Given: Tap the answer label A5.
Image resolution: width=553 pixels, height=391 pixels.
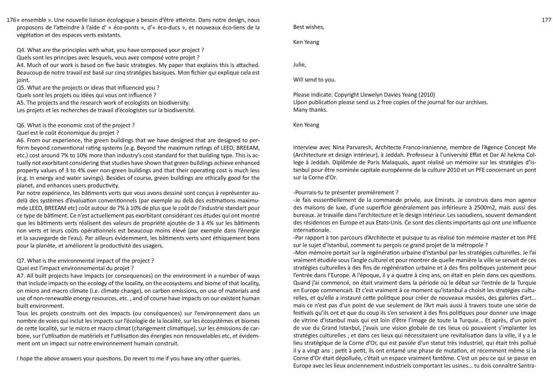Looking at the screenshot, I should coord(22,102).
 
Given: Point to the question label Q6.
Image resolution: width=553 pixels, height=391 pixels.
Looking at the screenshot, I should coord(23,125).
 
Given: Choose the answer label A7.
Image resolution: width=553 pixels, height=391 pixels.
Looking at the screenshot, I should coord(22,275).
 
